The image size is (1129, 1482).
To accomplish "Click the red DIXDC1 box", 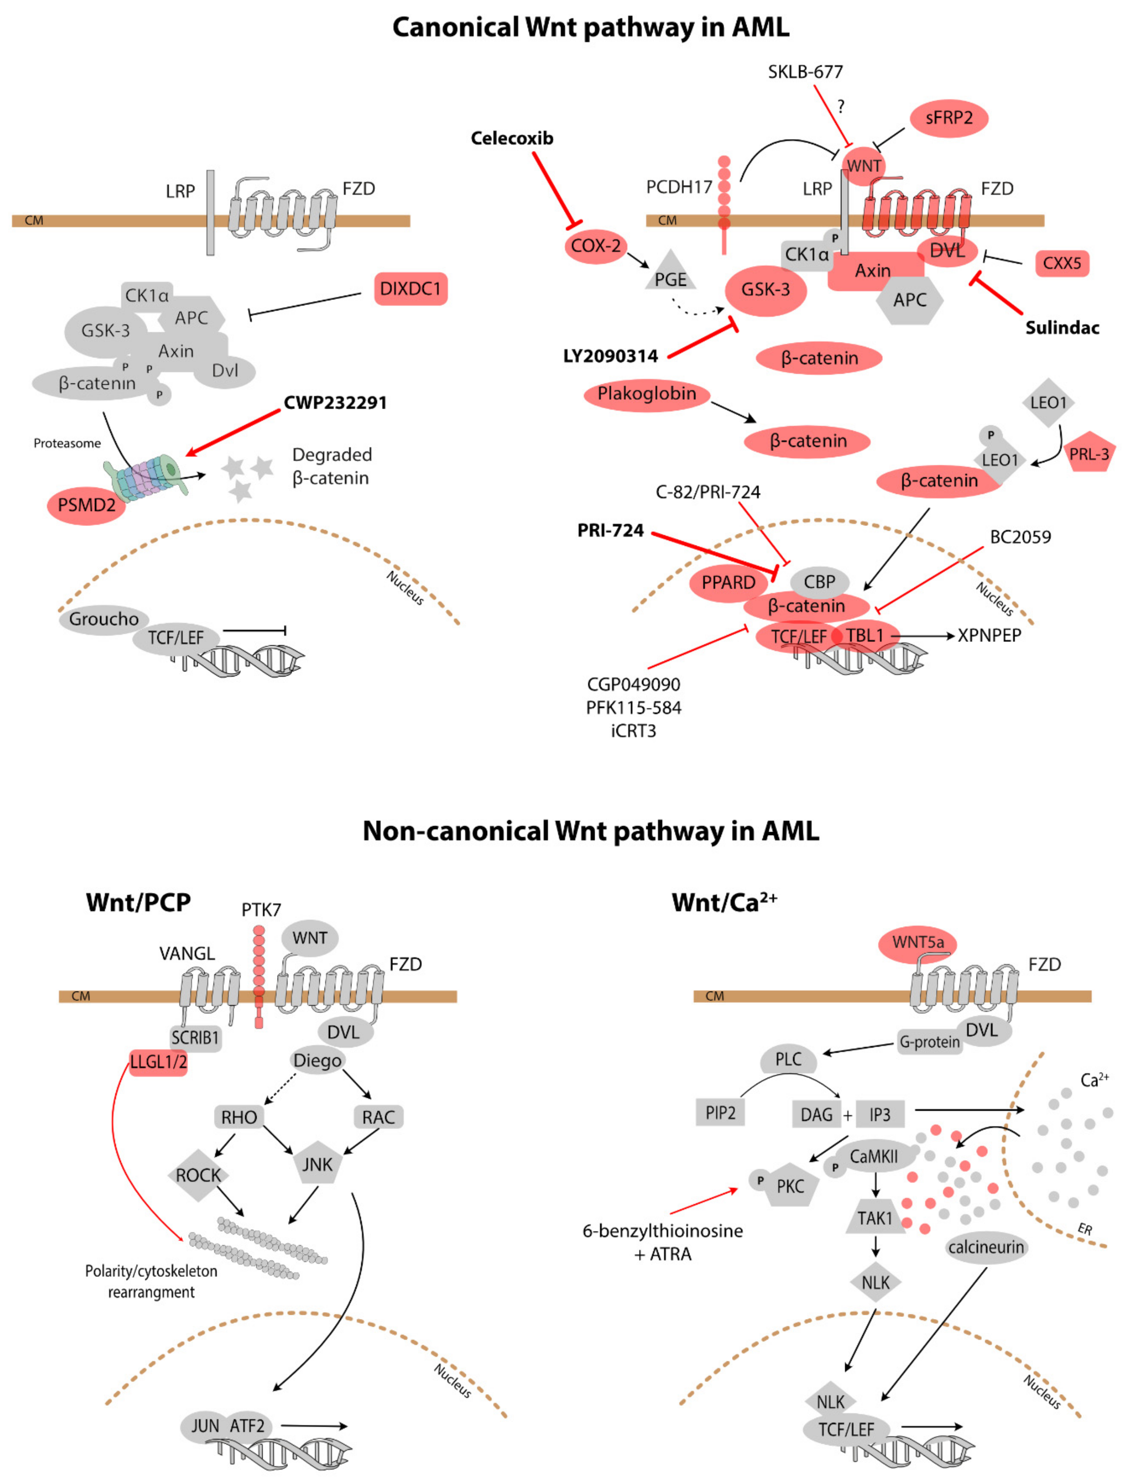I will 410,289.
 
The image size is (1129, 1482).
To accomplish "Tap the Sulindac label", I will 1062,328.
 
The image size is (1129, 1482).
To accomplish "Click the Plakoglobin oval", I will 646,394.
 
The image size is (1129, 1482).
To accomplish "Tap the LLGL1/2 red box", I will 158,1062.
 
